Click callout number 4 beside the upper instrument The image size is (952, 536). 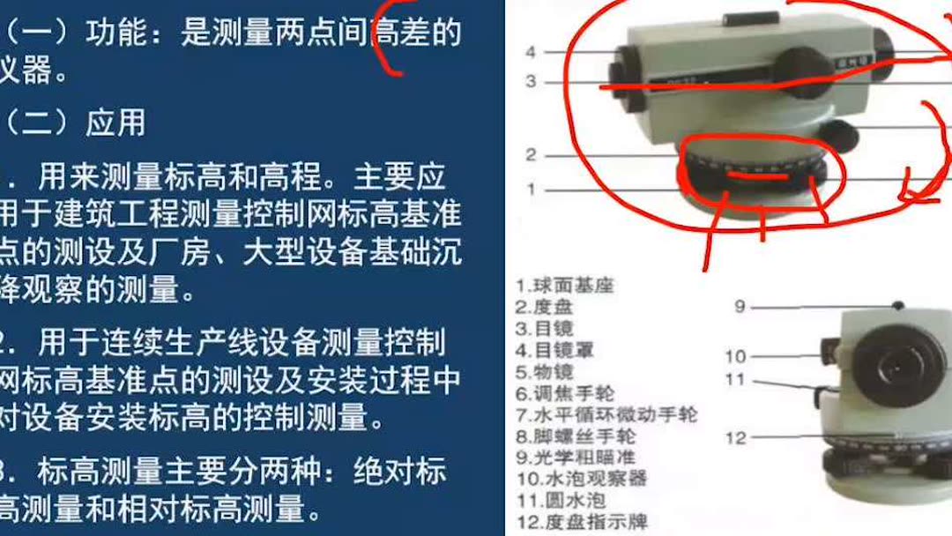[531, 52]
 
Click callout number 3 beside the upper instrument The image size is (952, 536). [531, 81]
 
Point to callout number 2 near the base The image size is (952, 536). [531, 155]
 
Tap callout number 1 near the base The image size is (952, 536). [531, 189]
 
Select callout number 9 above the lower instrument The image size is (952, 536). [740, 306]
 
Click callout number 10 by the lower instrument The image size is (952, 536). [735, 356]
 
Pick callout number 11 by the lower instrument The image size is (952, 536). [735, 380]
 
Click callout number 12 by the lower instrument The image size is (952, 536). [735, 437]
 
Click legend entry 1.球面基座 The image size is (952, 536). [564, 286]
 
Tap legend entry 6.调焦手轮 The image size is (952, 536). [564, 392]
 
